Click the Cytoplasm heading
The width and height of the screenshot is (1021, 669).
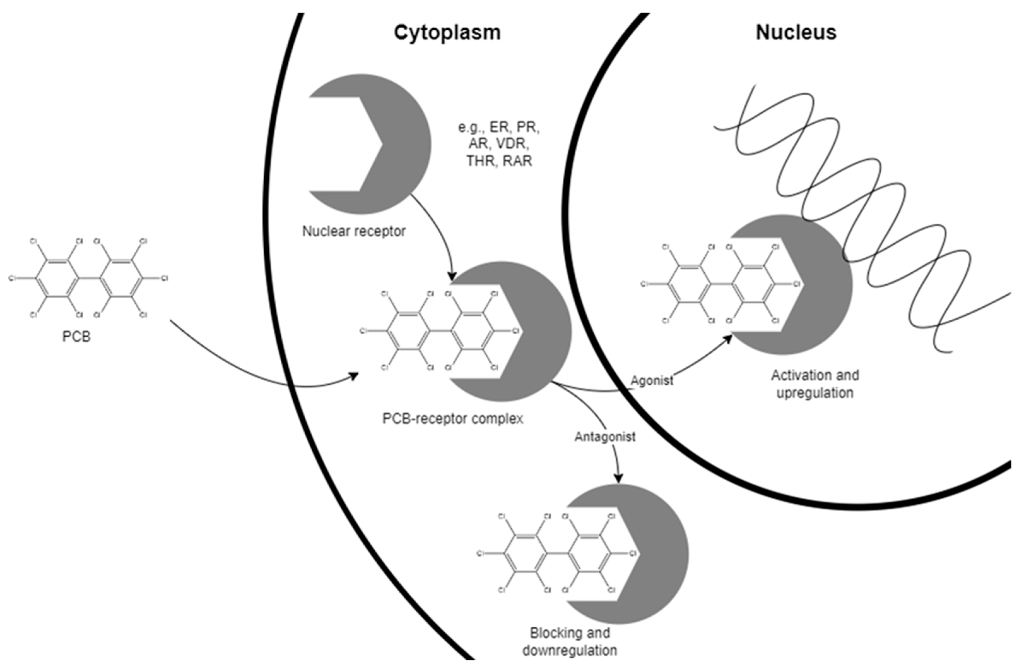coord(447,33)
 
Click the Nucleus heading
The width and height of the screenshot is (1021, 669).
coord(796,33)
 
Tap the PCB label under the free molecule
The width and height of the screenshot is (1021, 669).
coord(76,336)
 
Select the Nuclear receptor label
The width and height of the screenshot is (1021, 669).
coord(354,231)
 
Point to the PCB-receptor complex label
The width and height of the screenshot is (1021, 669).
coord(453,418)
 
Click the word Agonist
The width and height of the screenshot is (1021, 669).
coord(652,380)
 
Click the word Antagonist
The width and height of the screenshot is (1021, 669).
coord(605,437)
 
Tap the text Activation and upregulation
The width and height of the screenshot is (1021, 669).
coord(815,384)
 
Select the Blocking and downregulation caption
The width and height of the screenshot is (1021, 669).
coord(569,642)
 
